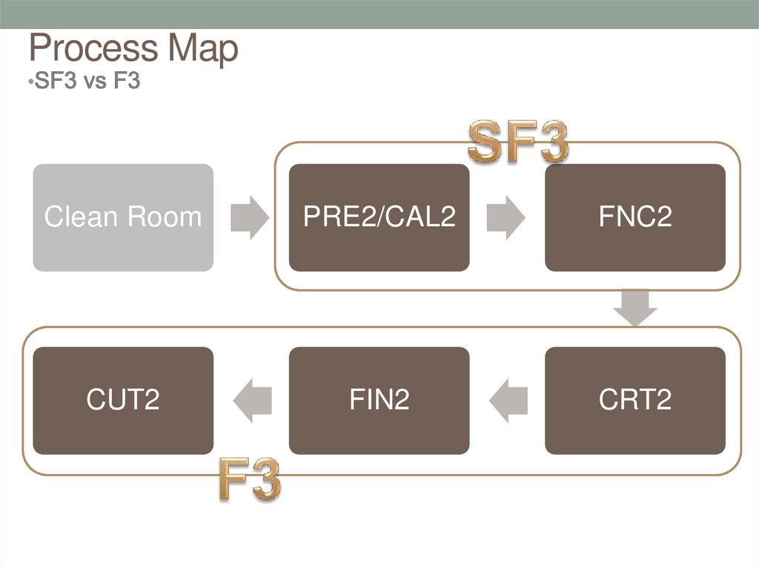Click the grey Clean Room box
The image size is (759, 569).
[x=123, y=217]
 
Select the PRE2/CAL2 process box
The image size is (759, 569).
[x=379, y=217]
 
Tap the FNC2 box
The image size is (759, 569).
[x=635, y=217]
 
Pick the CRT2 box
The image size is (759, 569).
[x=635, y=401]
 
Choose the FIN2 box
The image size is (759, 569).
[x=379, y=401]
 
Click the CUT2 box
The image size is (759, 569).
[x=123, y=401]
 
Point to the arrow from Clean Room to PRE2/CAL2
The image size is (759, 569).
[x=250, y=217]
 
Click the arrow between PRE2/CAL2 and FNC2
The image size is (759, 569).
[x=506, y=217]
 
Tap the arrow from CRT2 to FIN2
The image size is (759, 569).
[x=508, y=401]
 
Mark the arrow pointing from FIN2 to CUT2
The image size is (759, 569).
[x=252, y=401]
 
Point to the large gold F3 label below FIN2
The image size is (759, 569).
[x=249, y=481]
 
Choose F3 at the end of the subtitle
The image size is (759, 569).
[x=126, y=80]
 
